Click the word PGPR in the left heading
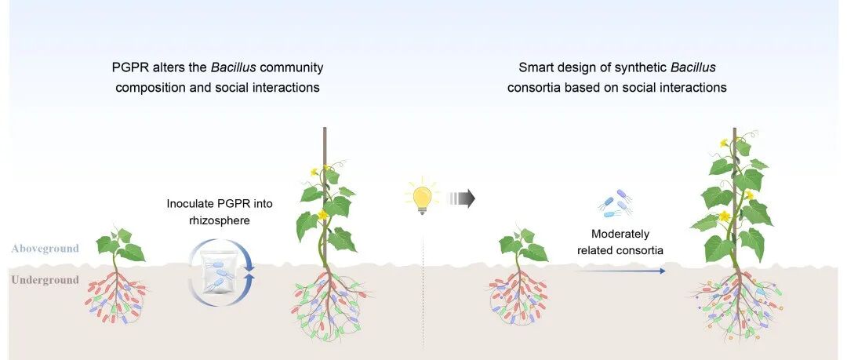tap(129, 67)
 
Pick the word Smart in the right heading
tap(536, 67)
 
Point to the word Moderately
tap(620, 234)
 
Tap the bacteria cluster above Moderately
tap(616, 203)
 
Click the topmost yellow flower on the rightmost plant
tap(725, 144)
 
